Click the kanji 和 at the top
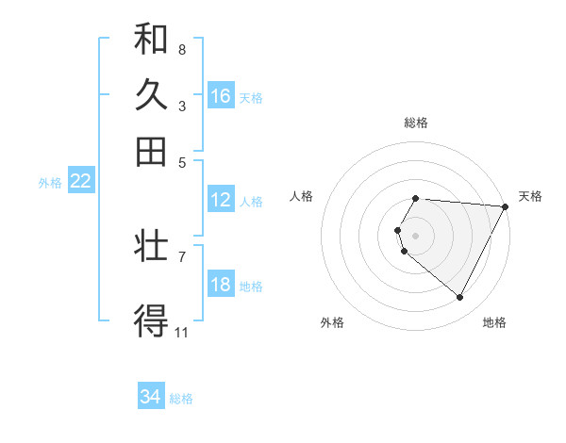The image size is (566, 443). coord(151,40)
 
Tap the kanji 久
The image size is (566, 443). coord(151,95)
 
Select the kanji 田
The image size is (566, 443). coord(151,151)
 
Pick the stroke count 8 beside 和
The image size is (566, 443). coord(181,49)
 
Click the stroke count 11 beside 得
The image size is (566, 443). coord(182,332)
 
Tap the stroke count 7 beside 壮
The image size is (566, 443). coord(181,255)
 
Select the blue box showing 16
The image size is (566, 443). coord(221,95)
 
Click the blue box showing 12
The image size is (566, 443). coord(221,200)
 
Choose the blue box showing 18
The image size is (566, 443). coord(221,286)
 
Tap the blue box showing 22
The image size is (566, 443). coord(80,182)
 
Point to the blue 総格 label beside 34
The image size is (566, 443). coord(181,399)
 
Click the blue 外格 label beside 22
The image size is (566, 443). coord(49,183)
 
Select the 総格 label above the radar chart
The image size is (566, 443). coord(416,123)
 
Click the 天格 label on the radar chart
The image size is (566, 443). coord(530,196)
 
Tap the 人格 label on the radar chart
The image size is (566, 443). coord(302,196)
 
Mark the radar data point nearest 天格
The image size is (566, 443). coord(506,206)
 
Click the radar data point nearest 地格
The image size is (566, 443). coord(460,298)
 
